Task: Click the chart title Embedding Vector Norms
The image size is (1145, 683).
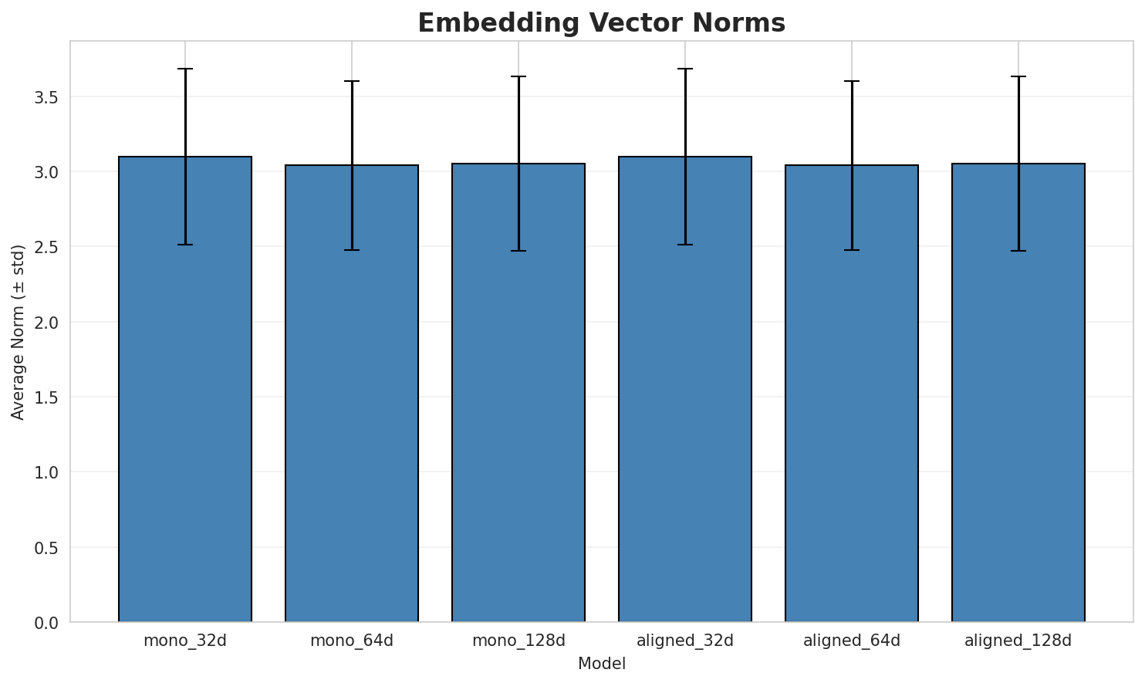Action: [x=601, y=23]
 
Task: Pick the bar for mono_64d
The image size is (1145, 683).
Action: [x=352, y=394]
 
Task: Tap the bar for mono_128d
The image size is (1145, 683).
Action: [x=518, y=393]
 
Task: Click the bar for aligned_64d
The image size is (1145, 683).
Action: [x=852, y=394]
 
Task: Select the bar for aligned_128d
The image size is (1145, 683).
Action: [x=1018, y=393]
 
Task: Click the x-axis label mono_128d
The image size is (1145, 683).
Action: [x=518, y=641]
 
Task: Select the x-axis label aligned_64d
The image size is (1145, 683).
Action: [x=852, y=641]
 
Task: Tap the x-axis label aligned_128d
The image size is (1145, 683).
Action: [x=1018, y=641]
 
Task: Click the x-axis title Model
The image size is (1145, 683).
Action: [x=601, y=664]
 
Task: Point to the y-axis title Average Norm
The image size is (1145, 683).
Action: [x=19, y=332]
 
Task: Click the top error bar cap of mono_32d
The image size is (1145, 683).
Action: [x=185, y=69]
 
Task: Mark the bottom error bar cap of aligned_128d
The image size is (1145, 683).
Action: [x=1018, y=251]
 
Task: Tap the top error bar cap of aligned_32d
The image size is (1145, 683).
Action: [x=685, y=69]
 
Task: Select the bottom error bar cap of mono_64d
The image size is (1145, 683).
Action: [x=352, y=250]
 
